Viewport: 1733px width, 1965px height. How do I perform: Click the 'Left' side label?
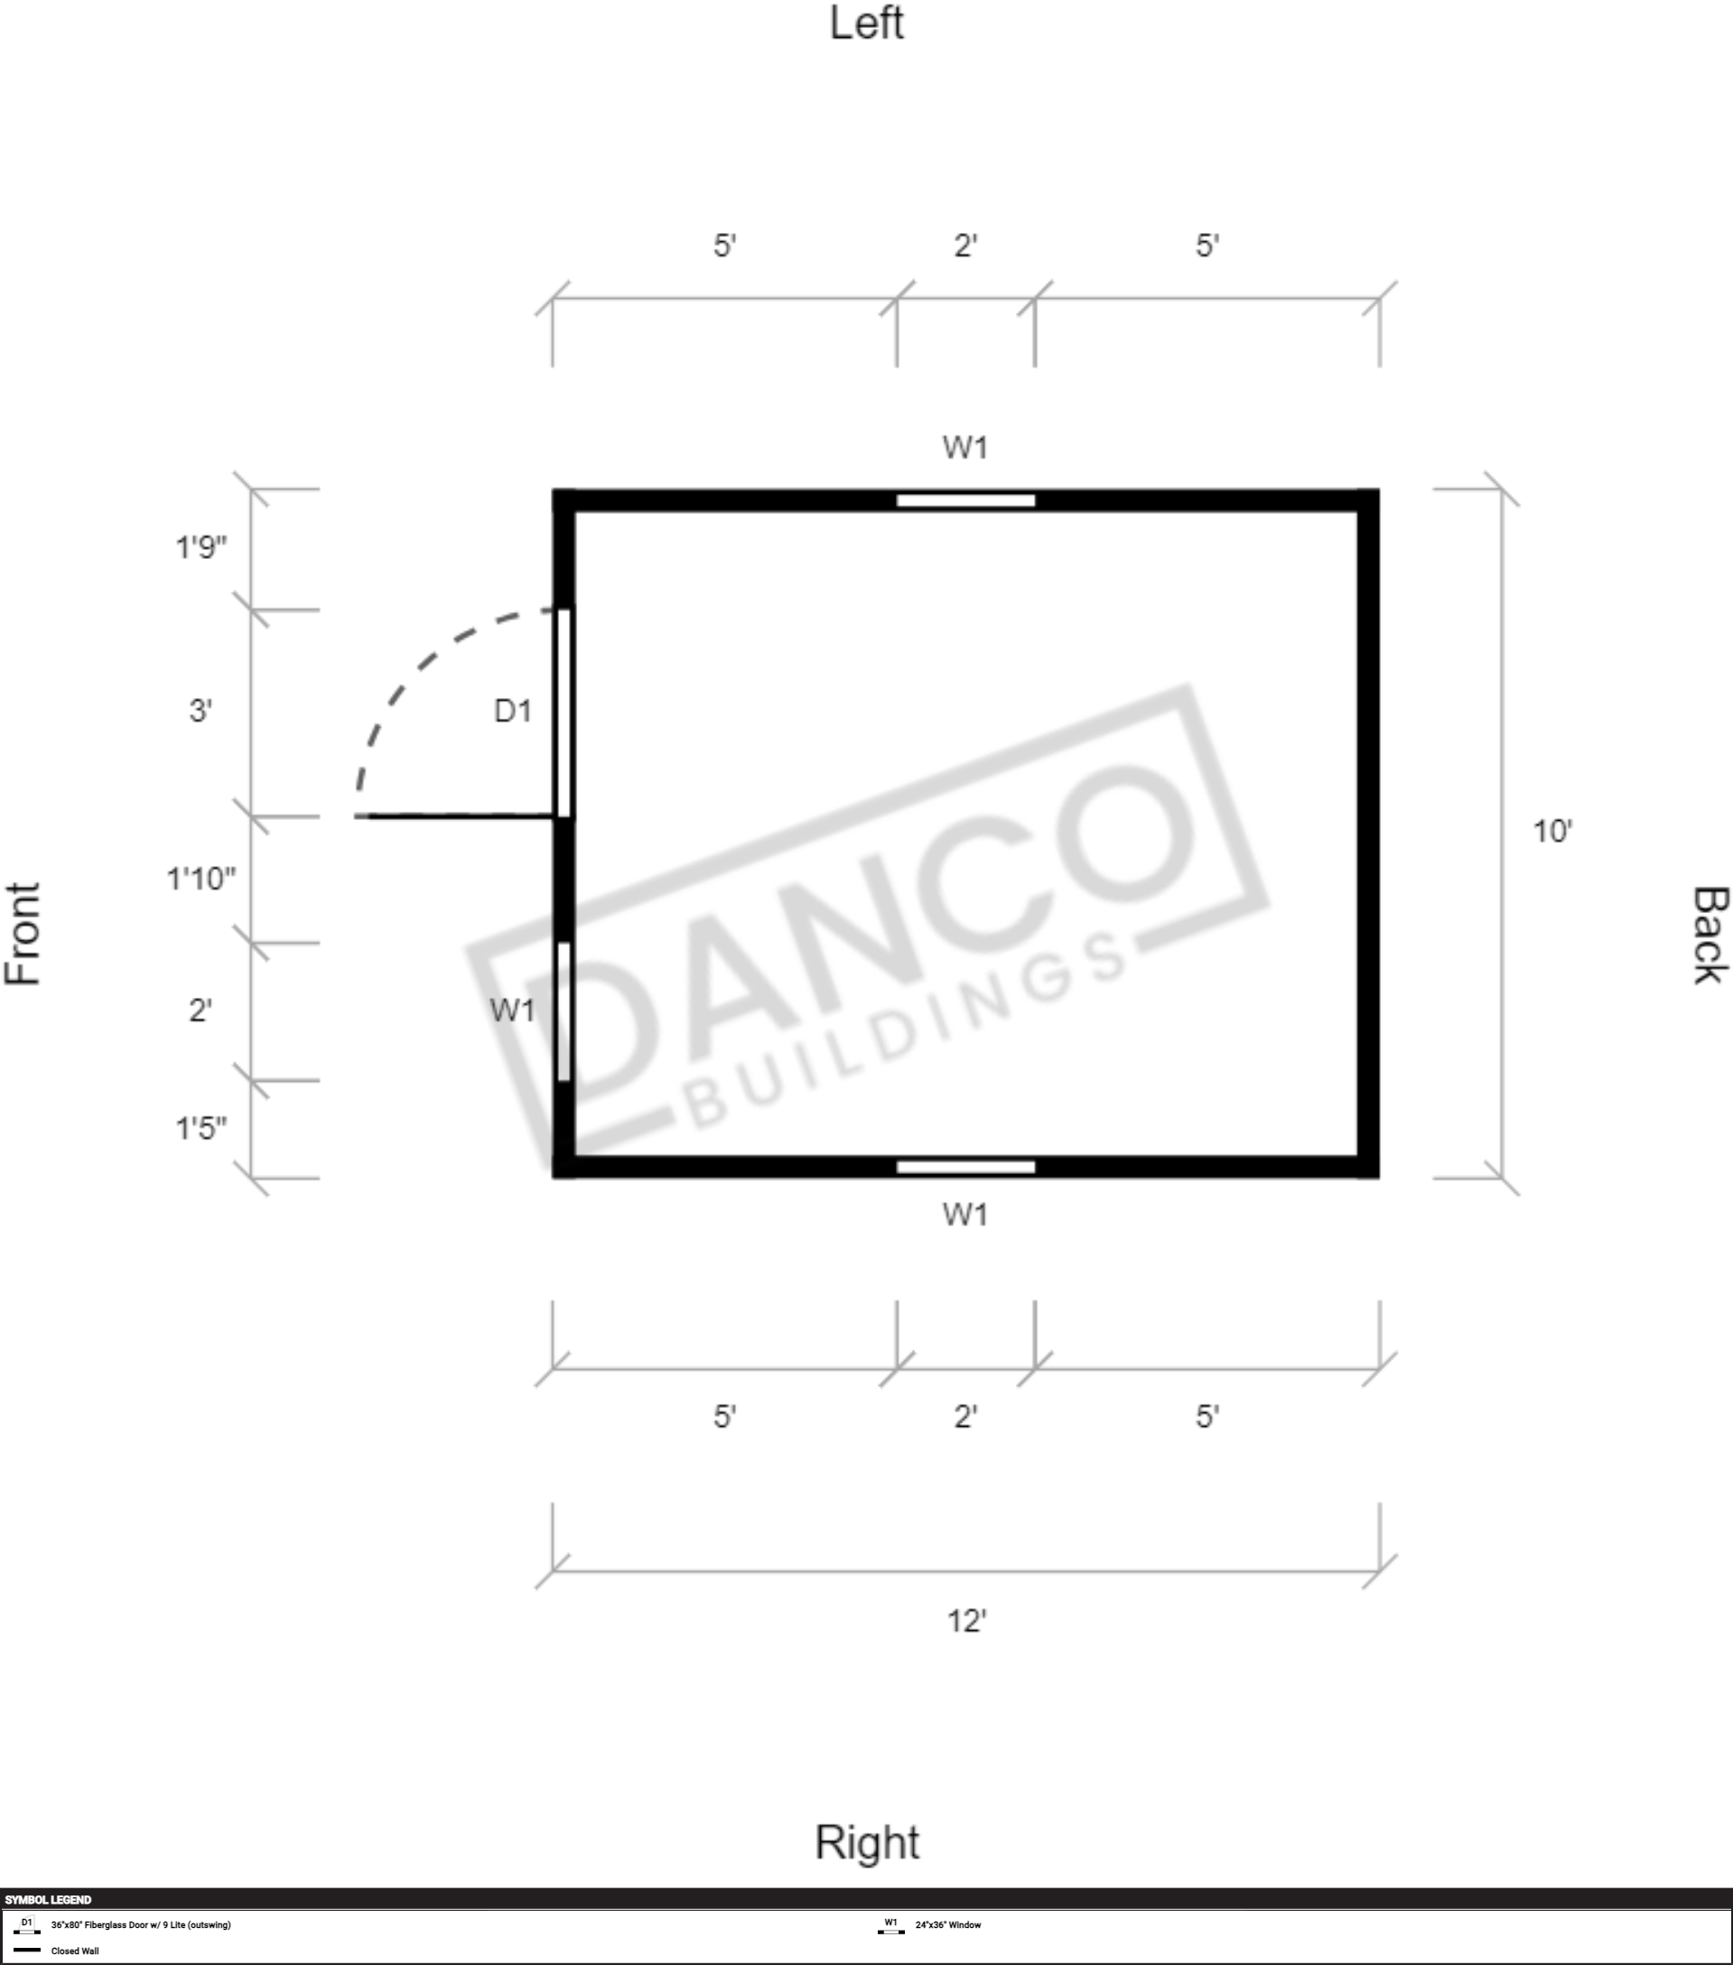pyautogui.click(x=866, y=23)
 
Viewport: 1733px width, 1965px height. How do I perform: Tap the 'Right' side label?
pyautogui.click(x=867, y=1843)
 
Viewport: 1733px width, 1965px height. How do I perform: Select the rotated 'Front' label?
pyautogui.click(x=23, y=934)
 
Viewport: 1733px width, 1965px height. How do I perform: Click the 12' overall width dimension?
pyautogui.click(x=967, y=1622)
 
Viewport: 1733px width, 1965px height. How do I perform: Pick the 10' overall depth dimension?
pyautogui.click(x=1552, y=832)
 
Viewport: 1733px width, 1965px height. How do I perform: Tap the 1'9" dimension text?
pyautogui.click(x=200, y=548)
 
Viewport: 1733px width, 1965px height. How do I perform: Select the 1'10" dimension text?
pyautogui.click(x=200, y=879)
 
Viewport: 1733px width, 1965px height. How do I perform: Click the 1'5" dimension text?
pyautogui.click(x=200, y=1128)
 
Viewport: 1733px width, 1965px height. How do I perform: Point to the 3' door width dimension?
pyautogui.click(x=200, y=712)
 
